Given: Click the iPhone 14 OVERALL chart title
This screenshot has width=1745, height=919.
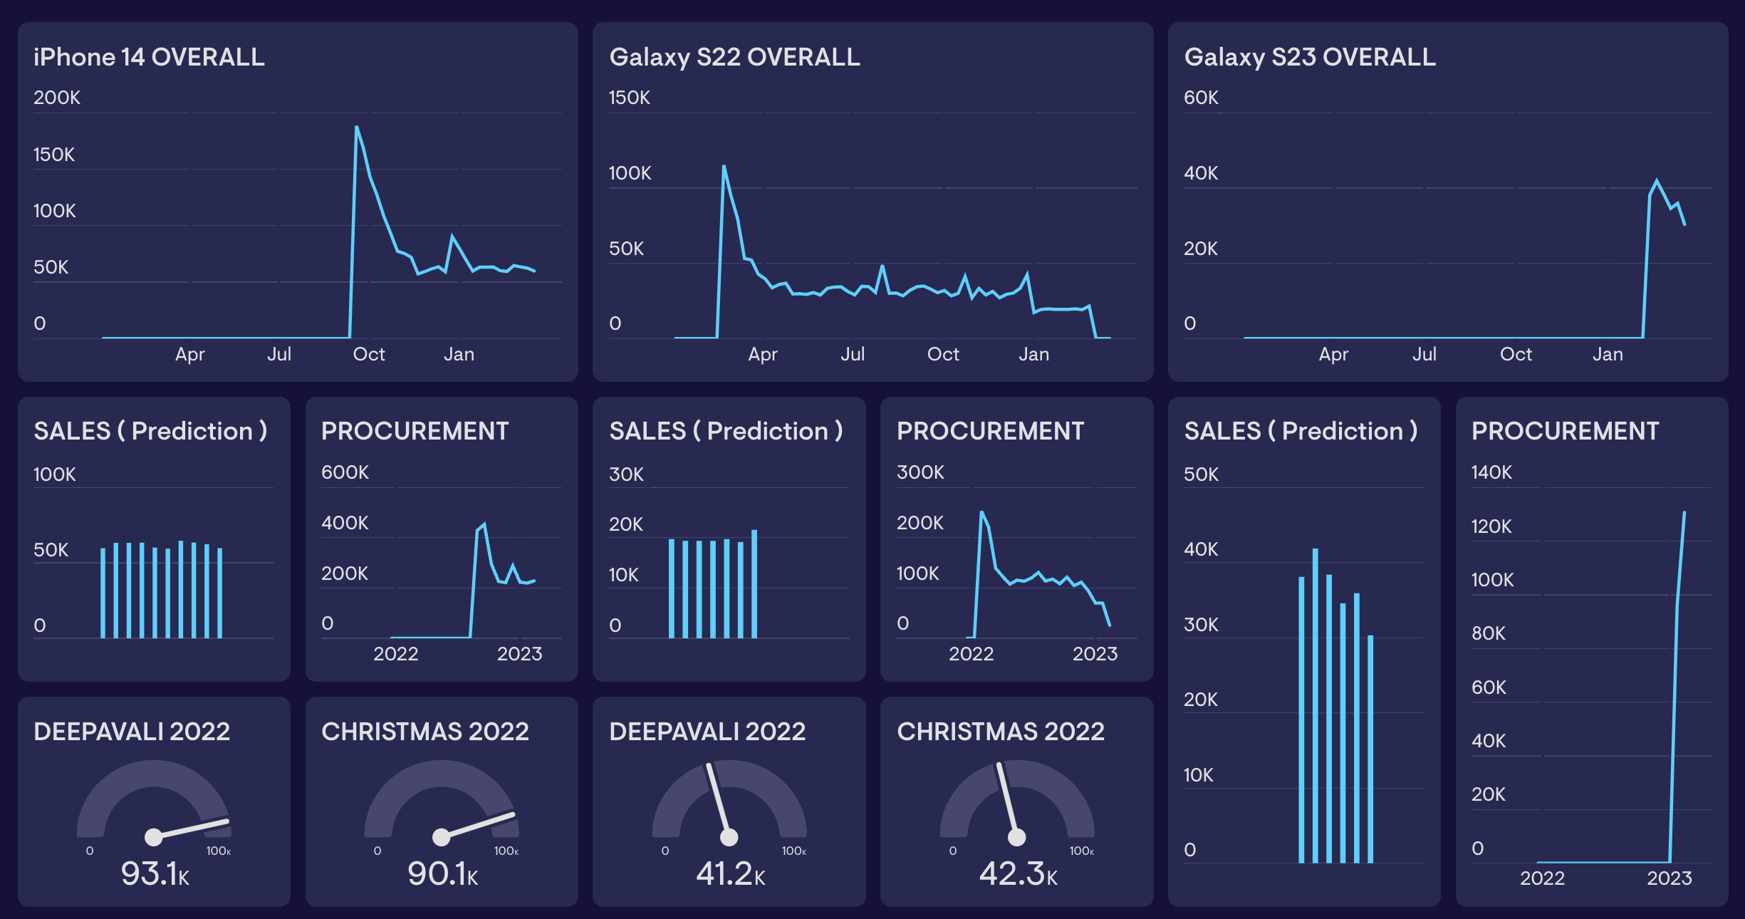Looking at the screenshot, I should (149, 57).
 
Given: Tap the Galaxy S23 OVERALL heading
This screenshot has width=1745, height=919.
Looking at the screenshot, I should (1309, 57).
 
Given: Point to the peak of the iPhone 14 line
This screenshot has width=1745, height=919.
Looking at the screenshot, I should (357, 128).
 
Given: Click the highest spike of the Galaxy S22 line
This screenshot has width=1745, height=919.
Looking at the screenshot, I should (724, 167).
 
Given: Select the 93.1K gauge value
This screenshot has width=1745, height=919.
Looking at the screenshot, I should (155, 873).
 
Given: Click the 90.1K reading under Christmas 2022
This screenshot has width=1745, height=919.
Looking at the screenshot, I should (442, 873).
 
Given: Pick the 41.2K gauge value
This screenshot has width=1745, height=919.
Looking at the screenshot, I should (730, 873).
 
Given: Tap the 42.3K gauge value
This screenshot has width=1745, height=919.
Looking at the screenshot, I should (1018, 873).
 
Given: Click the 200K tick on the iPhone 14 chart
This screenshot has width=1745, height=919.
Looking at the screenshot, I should (57, 98).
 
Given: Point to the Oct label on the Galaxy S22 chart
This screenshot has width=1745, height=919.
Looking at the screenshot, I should (943, 354).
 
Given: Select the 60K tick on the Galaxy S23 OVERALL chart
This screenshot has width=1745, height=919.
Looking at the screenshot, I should (1201, 98).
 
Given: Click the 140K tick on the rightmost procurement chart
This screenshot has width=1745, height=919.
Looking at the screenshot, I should (1491, 472).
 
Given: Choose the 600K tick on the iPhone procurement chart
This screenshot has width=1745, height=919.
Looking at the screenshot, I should (345, 472).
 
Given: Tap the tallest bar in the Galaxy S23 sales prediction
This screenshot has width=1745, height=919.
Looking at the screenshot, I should (1316, 705).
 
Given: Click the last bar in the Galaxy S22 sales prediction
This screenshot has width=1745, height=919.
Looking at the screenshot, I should (754, 584).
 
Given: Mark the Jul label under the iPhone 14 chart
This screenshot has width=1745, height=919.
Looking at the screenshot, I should (279, 354).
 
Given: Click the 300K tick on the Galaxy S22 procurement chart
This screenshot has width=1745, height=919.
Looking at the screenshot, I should (920, 472).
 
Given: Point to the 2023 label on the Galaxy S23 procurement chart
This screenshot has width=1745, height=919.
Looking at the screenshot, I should (1669, 878).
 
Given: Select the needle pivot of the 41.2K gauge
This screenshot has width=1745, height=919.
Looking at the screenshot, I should (729, 837).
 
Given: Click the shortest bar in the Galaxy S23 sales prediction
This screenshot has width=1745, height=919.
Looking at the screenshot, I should (1370, 748).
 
